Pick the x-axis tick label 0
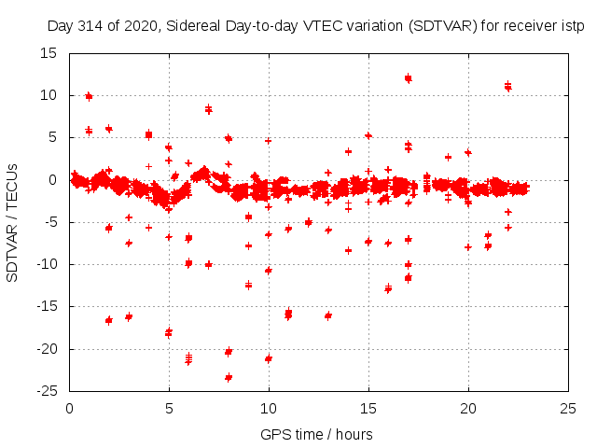click(70, 408)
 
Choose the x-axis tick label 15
click(368, 408)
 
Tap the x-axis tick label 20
click(468, 408)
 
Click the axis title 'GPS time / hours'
click(317, 434)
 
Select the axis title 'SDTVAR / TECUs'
click(13, 222)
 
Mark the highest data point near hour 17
click(409, 78)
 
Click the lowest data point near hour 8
click(229, 377)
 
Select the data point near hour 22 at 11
click(508, 87)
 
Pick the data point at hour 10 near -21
click(269, 358)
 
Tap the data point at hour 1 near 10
click(90, 95)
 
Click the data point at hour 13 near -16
click(328, 315)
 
